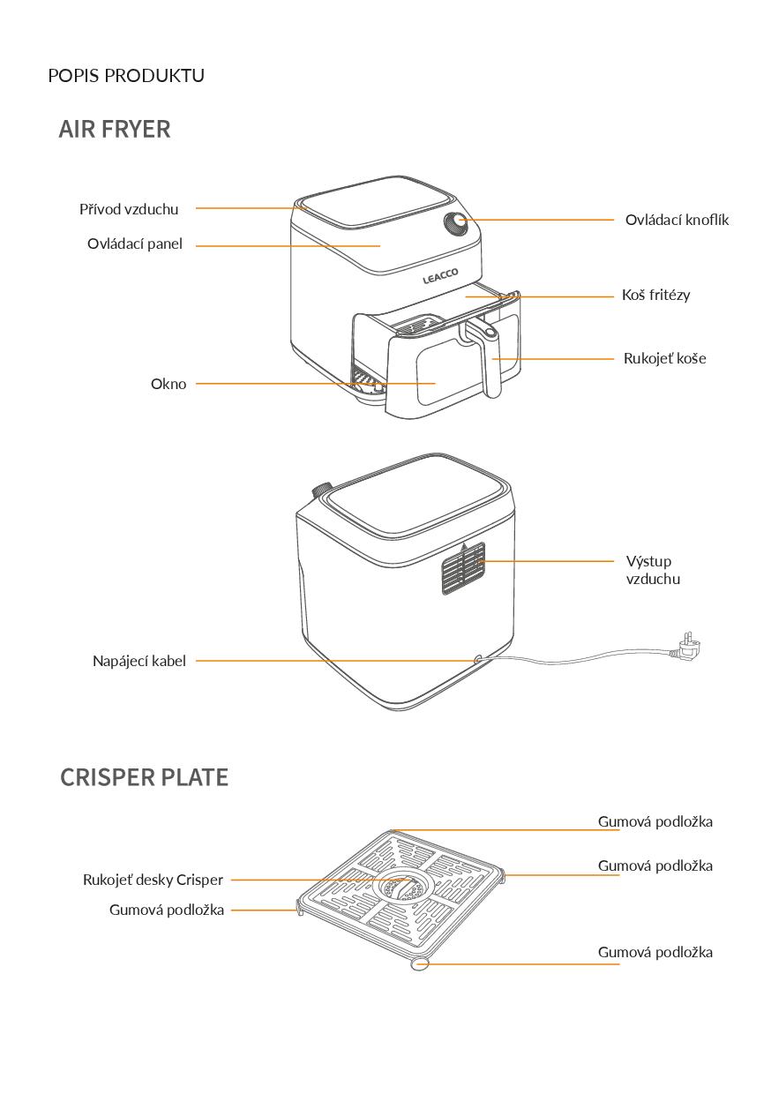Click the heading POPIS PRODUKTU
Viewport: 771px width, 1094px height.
point(126,76)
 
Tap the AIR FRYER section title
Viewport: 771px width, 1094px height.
point(115,129)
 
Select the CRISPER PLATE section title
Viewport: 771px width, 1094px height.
point(144,777)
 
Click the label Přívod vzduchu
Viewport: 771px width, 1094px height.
point(129,209)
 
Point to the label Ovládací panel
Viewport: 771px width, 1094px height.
point(135,244)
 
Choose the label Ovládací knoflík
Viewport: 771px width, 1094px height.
point(677,220)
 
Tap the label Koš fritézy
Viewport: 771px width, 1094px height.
point(655,295)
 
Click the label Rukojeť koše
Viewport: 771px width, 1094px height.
point(664,358)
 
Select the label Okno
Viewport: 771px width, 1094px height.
point(168,384)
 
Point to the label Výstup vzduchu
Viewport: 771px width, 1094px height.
point(653,570)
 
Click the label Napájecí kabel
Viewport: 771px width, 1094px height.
point(139,661)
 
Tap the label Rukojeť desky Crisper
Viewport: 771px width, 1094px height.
point(153,880)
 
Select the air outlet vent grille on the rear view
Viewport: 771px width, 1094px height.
point(462,571)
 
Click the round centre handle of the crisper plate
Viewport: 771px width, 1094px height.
point(402,888)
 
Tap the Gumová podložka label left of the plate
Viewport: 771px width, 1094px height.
point(167,910)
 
